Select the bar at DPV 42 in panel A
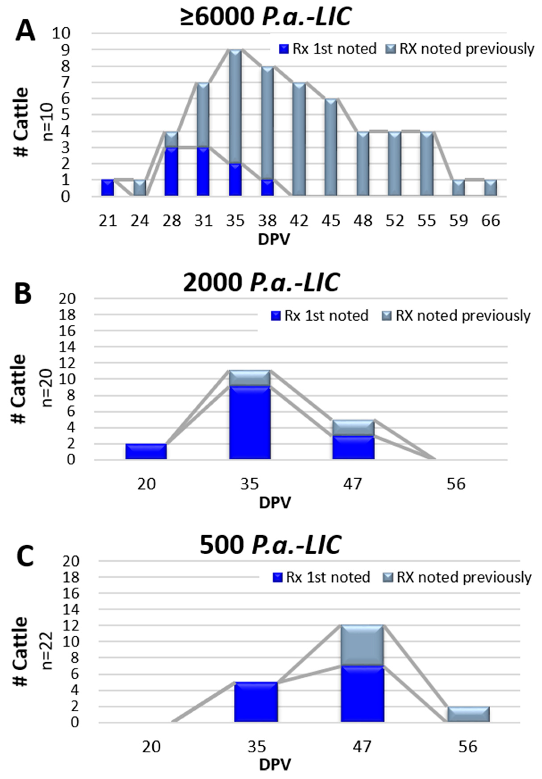tap(299, 139)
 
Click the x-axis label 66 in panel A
tap(490, 221)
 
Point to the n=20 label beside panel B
tap(48, 388)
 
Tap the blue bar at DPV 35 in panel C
tap(256, 701)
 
